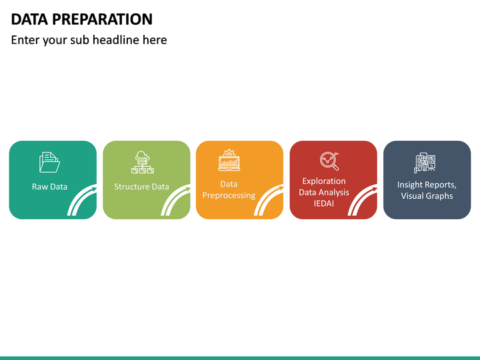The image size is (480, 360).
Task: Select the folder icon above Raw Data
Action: pos(49,163)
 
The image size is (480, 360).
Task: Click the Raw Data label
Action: pos(49,187)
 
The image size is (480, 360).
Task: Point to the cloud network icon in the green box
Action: pos(142,163)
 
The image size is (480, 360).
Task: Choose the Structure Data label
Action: pos(141,187)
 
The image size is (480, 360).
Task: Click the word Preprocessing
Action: pos(229,195)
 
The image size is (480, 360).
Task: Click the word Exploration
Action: pos(324,181)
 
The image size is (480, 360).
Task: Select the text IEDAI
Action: pos(324,203)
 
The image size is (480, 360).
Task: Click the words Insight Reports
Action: pos(427,185)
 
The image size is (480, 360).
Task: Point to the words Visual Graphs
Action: pos(427,196)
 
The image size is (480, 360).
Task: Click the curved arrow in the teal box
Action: pos(82,201)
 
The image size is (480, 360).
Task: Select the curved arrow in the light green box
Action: pos(175,201)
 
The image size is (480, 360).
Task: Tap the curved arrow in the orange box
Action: pos(269,201)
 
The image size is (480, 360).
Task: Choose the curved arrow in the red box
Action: pos(363,201)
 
